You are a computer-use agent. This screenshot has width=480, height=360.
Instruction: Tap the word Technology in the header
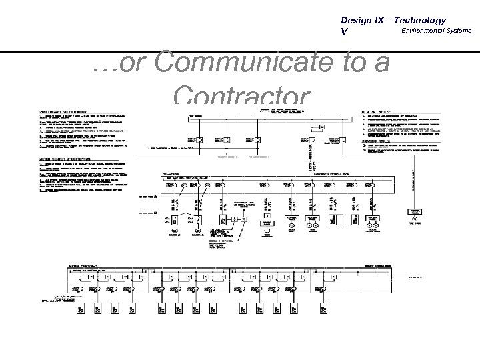(x=421, y=20)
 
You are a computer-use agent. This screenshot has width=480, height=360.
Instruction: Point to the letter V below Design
(x=343, y=31)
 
